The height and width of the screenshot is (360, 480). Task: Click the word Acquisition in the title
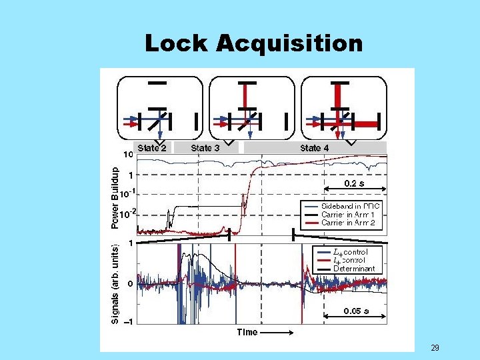coord(289,44)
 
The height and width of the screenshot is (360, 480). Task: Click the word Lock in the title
coord(177,44)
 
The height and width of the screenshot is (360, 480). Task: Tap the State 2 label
coord(152,147)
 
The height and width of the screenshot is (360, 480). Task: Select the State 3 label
coord(205,147)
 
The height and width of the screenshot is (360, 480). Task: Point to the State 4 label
coord(314,147)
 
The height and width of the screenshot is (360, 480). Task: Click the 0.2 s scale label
coord(354,182)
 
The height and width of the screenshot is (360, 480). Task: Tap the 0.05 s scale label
coord(356,311)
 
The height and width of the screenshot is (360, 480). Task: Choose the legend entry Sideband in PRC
coord(351,207)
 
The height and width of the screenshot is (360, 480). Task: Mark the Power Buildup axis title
coord(115,197)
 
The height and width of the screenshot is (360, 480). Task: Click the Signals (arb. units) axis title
coord(115,283)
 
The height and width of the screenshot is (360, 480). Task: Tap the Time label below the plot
coord(247,332)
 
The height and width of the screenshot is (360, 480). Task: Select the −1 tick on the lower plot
coord(128,321)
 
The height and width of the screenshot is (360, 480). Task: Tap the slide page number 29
coord(435,348)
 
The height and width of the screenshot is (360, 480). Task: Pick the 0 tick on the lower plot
coord(131,283)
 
